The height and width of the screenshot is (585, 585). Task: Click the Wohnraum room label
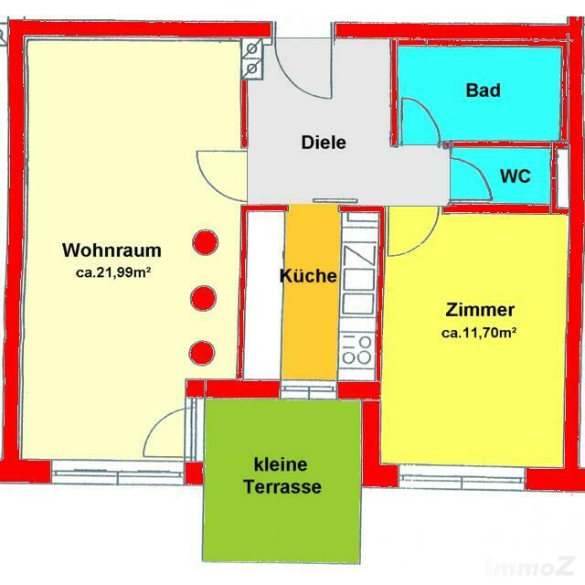pyautogui.click(x=112, y=250)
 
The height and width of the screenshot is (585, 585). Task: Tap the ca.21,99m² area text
pyautogui.click(x=113, y=272)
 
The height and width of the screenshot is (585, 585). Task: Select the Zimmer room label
pyautogui.click(x=480, y=310)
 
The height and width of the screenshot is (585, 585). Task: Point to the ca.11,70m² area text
pyautogui.click(x=479, y=333)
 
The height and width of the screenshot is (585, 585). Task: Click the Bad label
pyautogui.click(x=484, y=90)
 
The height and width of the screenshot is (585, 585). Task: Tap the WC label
pyautogui.click(x=516, y=175)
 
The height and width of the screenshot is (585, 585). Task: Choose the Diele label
pyautogui.click(x=324, y=143)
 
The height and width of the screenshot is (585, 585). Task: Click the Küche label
pyautogui.click(x=308, y=276)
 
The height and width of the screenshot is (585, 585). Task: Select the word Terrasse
pyautogui.click(x=282, y=487)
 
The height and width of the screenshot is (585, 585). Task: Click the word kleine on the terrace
pyautogui.click(x=281, y=465)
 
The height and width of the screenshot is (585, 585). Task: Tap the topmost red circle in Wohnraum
pyautogui.click(x=205, y=242)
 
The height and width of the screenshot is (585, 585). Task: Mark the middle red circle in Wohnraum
pyautogui.click(x=203, y=298)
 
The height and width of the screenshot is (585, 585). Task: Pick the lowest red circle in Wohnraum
pyautogui.click(x=202, y=353)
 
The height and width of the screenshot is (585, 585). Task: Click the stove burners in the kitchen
pyautogui.click(x=357, y=350)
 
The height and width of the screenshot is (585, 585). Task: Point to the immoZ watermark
pyautogui.click(x=530, y=567)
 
